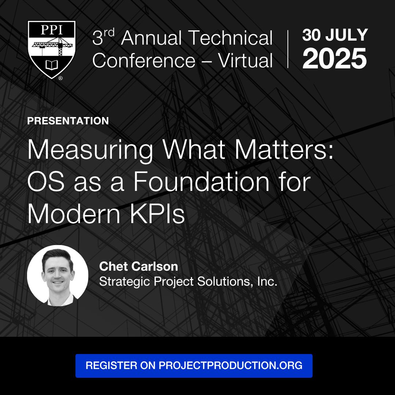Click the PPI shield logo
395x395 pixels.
tap(52, 49)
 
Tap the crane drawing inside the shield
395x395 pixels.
tap(53, 46)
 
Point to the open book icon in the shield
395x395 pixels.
tap(52, 65)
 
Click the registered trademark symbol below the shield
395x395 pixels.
tap(60, 78)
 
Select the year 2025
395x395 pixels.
tap(335, 59)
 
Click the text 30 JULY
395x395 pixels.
tap(335, 35)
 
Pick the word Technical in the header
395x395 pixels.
tap(230, 38)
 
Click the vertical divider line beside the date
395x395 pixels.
tap(288, 49)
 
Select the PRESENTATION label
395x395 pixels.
tap(68, 121)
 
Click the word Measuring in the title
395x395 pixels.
tap(90, 150)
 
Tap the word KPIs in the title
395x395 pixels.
tap(157, 214)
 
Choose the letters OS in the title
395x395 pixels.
tap(46, 181)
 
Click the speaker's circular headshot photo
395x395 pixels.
tap(58, 276)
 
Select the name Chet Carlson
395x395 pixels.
tap(139, 267)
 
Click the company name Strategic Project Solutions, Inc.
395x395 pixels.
tap(188, 281)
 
